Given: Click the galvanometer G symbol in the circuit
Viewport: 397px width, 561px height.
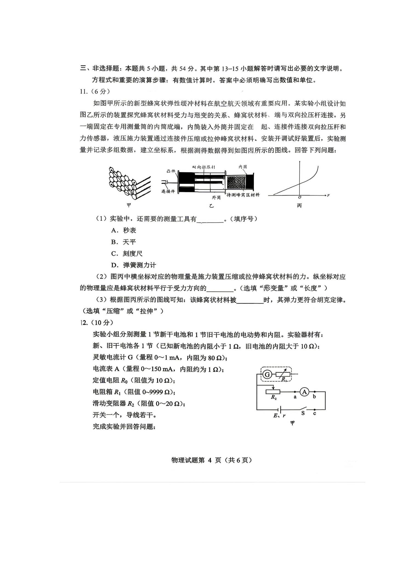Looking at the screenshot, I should pyautogui.click(x=267, y=374).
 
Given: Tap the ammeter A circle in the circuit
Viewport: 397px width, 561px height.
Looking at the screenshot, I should pyautogui.click(x=304, y=392).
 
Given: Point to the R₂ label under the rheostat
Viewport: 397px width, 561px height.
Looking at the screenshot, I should pyautogui.click(x=274, y=397).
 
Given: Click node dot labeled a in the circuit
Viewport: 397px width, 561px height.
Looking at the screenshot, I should pyautogui.click(x=295, y=392).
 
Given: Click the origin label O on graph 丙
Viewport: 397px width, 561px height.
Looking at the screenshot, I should pyautogui.click(x=299, y=197).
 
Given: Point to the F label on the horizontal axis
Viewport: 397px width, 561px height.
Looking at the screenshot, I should pyautogui.click(x=328, y=195).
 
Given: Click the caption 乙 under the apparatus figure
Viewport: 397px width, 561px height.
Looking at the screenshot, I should pyautogui.click(x=211, y=206).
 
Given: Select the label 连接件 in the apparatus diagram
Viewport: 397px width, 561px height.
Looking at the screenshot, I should pyautogui.click(x=168, y=191).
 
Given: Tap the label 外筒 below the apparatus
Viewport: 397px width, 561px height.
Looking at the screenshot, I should pyautogui.click(x=216, y=198).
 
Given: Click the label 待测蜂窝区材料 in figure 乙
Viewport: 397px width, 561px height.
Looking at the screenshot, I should pyautogui.click(x=243, y=195).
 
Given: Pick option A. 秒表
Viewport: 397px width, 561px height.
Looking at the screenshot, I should pyautogui.click(x=124, y=230).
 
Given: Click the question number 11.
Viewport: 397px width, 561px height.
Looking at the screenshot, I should pyautogui.click(x=83, y=91).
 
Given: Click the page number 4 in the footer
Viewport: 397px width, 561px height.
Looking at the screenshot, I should pyautogui.click(x=209, y=460).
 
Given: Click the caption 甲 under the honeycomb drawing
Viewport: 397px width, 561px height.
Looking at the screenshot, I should pyautogui.click(x=129, y=205).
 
